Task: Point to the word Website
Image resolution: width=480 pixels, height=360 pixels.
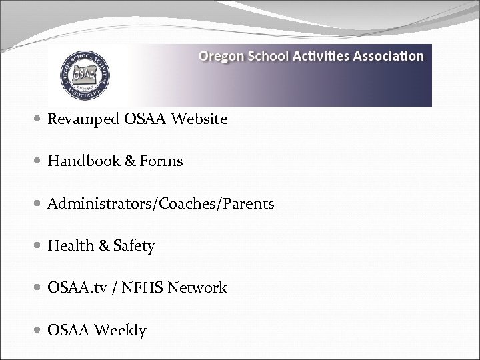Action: coord(199,120)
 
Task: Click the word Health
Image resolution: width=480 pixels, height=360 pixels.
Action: coord(71,246)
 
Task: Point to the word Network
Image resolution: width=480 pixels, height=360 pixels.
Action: coord(198,288)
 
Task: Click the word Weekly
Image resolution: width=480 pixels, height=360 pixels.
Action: coord(121,330)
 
